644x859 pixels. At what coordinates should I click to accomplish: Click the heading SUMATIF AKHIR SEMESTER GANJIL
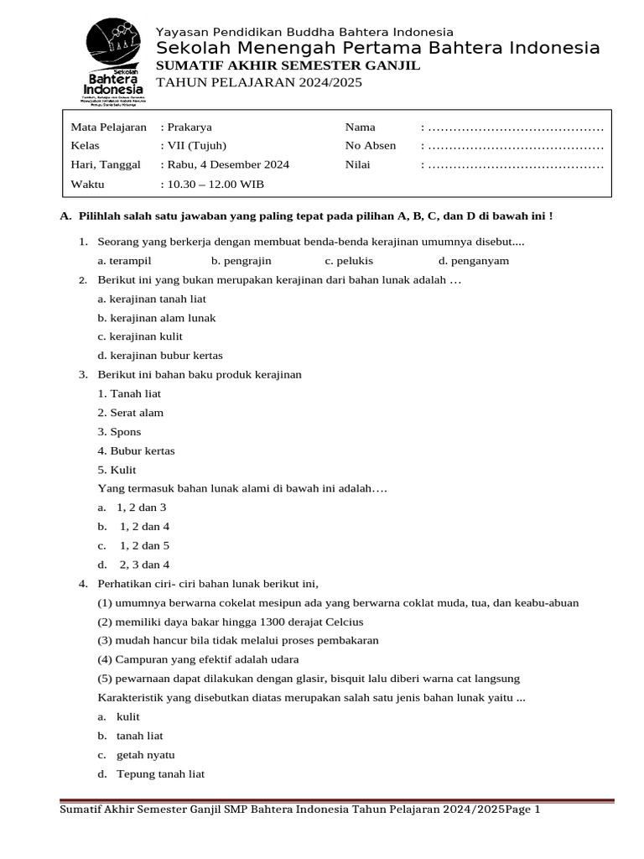click(288, 65)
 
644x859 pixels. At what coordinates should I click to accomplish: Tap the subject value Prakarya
click(190, 128)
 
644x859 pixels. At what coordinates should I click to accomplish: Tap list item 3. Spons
click(120, 432)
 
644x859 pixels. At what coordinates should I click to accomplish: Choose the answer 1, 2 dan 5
click(143, 546)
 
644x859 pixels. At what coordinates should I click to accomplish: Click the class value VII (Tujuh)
click(197, 146)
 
